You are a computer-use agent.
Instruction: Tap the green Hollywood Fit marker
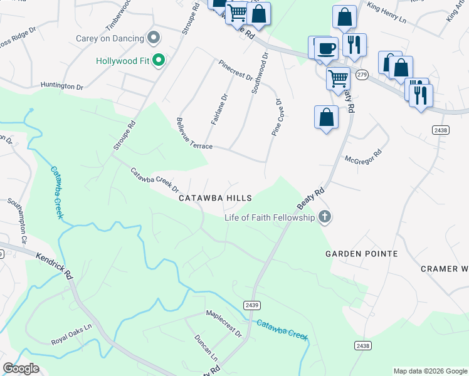pyautogui.click(x=159, y=61)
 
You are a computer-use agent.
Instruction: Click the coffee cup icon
pyautogui.click(x=325, y=48)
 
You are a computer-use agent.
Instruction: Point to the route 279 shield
pyautogui.click(x=361, y=75)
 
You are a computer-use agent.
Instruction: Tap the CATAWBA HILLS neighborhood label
pyautogui.click(x=215, y=198)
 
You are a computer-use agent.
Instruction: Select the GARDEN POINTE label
pyautogui.click(x=362, y=254)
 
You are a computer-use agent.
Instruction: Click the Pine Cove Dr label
pyautogui.click(x=275, y=117)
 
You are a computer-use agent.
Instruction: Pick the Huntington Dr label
pyautogui.click(x=61, y=86)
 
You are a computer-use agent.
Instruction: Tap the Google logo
pyautogui.click(x=21, y=368)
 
